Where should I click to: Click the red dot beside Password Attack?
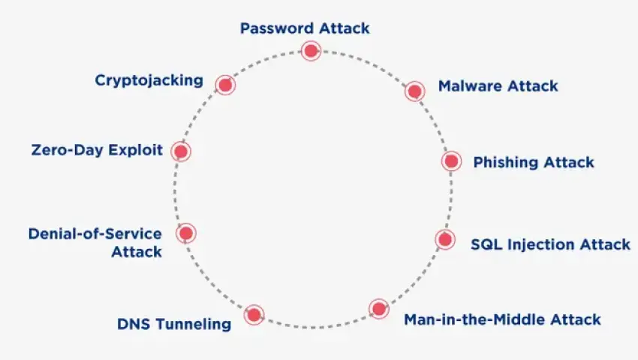click(311, 51)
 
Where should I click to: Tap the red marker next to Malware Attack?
click(414, 91)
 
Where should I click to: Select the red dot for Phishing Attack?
click(450, 160)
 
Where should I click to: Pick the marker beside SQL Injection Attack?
click(444, 239)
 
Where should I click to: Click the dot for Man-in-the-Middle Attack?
click(378, 308)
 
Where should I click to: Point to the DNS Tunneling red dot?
click(254, 314)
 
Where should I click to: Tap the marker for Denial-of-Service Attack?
click(186, 233)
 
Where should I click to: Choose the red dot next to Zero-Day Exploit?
click(180, 151)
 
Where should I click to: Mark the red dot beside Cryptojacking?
click(225, 85)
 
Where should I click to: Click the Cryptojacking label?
click(149, 80)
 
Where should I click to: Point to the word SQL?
click(485, 244)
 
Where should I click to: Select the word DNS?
click(134, 325)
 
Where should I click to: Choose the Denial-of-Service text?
click(95, 233)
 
